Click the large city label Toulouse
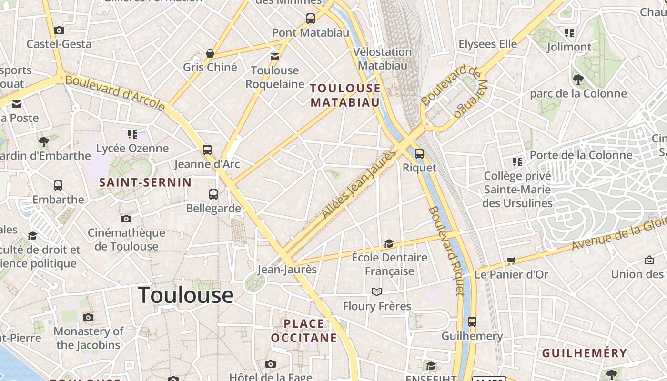[x=186, y=295]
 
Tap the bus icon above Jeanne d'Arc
[x=207, y=150]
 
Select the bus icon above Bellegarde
[x=213, y=194]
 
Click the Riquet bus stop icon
[x=419, y=154]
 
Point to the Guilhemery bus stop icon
[x=472, y=322]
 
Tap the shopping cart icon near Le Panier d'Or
[x=511, y=261]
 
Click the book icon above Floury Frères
[x=377, y=291]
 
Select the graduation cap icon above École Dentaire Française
[x=389, y=244]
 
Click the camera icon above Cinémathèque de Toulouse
[x=126, y=219]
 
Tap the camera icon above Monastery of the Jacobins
[x=88, y=318]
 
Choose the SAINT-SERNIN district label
[x=145, y=182]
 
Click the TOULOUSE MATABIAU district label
[x=345, y=95]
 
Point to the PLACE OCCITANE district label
[x=304, y=331]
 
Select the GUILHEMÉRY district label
[x=585, y=353]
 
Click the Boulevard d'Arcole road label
[x=115, y=92]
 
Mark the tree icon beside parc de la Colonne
[x=578, y=80]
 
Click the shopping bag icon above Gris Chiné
[x=210, y=53]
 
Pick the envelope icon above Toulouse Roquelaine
[x=275, y=57]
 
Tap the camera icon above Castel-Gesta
[x=59, y=30]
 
